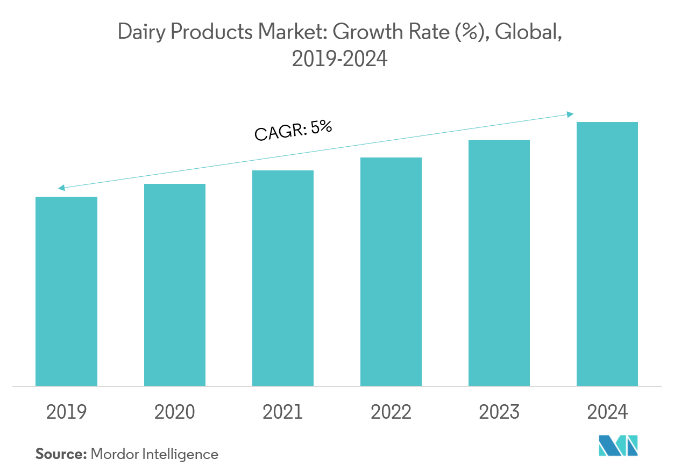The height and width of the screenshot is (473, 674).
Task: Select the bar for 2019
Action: pos(66,291)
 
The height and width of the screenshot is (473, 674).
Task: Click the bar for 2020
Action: pos(174,284)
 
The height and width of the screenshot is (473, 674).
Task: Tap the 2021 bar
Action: pos(283,278)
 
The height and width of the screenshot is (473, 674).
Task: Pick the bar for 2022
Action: pos(391,271)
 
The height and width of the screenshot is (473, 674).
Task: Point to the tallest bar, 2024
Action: pos(607,254)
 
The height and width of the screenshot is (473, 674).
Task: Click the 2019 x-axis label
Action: pos(66,412)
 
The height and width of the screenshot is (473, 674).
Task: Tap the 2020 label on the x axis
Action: pos(174,412)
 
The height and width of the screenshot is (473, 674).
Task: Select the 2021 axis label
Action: pos(283,412)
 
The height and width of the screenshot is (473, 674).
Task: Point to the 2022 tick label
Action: pos(391,412)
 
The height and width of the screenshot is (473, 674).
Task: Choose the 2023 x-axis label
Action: pos(499,412)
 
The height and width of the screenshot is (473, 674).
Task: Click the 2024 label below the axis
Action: pos(607,412)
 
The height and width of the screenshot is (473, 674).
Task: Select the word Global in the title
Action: pos(528,33)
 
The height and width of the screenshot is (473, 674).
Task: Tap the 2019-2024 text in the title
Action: pos(339,59)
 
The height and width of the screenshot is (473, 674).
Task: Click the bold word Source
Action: pos(61,454)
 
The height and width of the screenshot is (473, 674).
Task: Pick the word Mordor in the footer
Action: pos(115,454)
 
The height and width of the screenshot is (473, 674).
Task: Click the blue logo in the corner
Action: pos(618,446)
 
